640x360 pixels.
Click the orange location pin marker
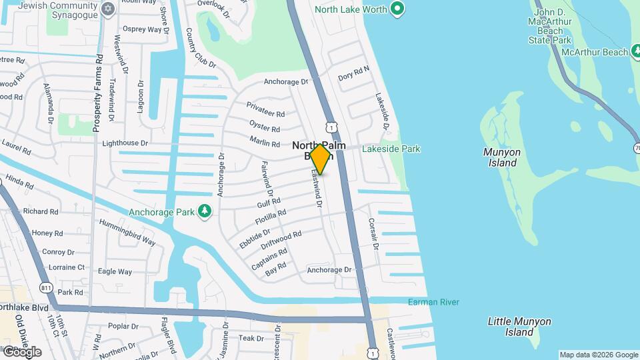(321, 159)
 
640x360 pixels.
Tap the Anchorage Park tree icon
(205, 211)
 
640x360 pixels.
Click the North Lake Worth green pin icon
(398, 9)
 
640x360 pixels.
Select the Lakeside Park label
(391, 149)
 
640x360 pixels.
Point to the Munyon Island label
(500, 157)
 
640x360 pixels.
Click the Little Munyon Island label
(519, 327)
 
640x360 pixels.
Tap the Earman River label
(433, 302)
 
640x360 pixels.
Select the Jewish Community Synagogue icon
(109, 9)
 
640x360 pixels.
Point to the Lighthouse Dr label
(125, 143)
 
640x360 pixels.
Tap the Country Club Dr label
(201, 48)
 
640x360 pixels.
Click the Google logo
(21, 351)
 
